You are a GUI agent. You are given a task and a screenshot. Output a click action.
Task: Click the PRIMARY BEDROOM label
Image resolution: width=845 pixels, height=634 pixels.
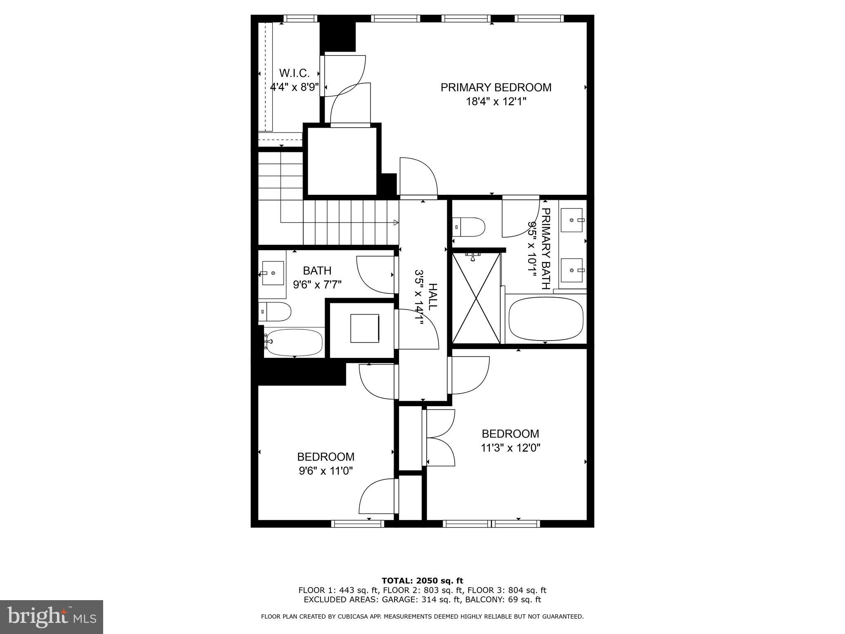[x=496, y=88]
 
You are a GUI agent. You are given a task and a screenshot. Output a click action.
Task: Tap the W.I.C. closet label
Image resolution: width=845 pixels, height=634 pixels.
[x=294, y=73]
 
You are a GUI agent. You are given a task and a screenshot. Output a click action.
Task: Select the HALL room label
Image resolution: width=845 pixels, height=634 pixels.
[x=432, y=297]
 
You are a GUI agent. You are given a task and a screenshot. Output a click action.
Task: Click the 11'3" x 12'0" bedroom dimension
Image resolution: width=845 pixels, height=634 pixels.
[x=510, y=448]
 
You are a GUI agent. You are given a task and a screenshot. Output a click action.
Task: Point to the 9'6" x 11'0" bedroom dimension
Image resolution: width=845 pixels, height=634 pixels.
[x=326, y=471]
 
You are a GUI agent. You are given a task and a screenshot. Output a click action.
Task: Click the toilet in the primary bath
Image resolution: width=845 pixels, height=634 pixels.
[x=469, y=227]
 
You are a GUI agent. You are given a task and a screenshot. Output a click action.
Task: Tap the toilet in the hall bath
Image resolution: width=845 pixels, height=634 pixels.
[x=275, y=312]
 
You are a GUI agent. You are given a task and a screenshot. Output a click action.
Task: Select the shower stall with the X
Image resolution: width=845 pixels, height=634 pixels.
[x=477, y=298]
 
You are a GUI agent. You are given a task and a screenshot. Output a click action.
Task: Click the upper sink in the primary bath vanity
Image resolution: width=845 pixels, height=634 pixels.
[x=572, y=220]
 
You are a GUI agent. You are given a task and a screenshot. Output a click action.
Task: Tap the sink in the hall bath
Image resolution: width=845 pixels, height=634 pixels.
[x=273, y=273]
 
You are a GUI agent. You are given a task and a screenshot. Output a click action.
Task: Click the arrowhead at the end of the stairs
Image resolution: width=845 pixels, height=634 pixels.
[x=396, y=223]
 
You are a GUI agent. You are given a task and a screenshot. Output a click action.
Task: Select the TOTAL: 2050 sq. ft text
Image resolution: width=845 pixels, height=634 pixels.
[x=422, y=581]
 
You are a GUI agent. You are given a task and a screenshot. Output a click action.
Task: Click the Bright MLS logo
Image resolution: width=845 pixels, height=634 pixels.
[x=52, y=617]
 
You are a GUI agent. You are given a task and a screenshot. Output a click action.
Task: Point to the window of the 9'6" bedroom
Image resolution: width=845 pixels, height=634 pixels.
[x=358, y=523]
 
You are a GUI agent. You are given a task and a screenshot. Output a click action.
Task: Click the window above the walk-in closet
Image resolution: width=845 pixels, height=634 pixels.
[x=300, y=19]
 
